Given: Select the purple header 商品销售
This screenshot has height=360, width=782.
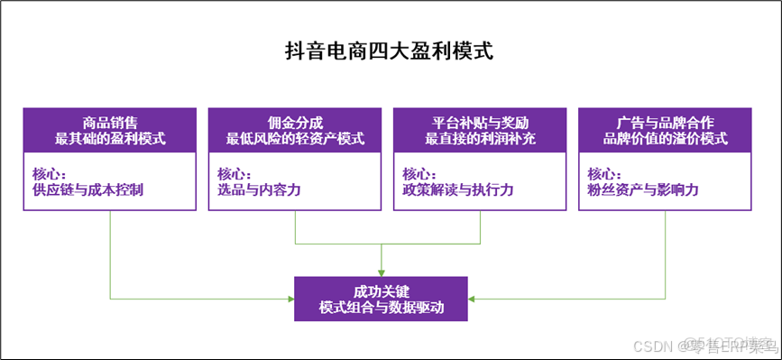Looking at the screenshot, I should [x=110, y=122].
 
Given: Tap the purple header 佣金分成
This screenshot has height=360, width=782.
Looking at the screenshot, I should [x=295, y=122].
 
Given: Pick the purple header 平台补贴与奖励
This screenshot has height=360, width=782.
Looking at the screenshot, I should [x=480, y=122].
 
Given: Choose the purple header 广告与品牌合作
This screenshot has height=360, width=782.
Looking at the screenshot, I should [x=665, y=122].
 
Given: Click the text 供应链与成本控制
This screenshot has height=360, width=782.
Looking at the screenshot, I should [x=87, y=190].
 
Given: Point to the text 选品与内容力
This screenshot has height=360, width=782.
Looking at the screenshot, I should [x=259, y=190].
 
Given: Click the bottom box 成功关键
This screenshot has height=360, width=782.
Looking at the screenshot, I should [x=382, y=291].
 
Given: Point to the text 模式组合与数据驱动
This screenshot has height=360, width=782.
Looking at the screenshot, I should [x=382, y=307].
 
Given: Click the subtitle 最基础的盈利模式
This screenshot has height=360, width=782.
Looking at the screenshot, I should [x=110, y=139].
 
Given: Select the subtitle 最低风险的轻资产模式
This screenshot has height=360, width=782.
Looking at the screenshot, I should [x=295, y=139].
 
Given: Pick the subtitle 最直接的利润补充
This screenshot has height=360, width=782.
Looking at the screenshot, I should [x=480, y=139].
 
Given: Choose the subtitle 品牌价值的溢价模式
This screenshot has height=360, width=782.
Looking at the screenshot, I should [x=665, y=139].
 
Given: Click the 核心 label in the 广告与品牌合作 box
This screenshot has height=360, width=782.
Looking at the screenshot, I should [x=605, y=173].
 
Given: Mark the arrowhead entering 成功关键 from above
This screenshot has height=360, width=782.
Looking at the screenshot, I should [x=382, y=272].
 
